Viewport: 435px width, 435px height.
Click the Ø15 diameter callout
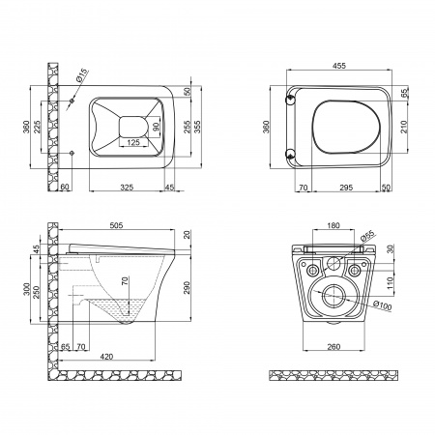[x=82, y=74]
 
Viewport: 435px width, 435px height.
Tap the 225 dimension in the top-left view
[x=37, y=127]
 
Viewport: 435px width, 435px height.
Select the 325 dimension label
[x=127, y=188]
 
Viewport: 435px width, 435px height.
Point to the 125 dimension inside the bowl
[x=133, y=142]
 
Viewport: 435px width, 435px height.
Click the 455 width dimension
[x=339, y=66]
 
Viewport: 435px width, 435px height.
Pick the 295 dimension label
[x=346, y=188]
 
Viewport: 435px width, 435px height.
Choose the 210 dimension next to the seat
[x=405, y=127]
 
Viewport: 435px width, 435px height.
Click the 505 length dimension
[x=116, y=225]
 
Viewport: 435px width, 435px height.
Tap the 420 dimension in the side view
[x=106, y=357]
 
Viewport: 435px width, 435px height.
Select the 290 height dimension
[x=187, y=288]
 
